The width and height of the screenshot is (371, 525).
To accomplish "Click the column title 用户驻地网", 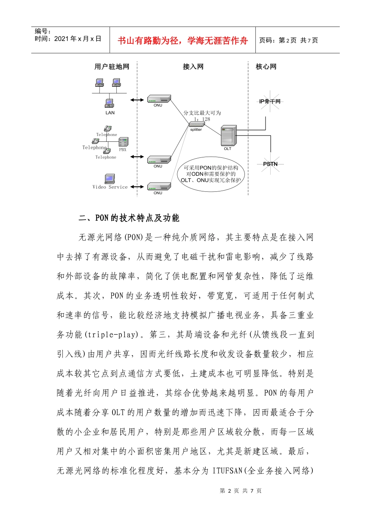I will coord(112,67).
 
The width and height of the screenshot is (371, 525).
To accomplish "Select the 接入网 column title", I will coord(193,67).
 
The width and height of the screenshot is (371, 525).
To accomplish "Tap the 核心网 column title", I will coord(266,67).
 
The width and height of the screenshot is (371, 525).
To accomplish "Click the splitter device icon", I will coord(196,124).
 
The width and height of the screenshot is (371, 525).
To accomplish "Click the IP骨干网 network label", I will coord(270,102).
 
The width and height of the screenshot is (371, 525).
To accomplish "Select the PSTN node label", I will coord(270,164).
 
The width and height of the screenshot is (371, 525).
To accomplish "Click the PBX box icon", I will coord(123,142).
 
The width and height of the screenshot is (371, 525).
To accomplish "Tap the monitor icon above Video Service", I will coord(110,179).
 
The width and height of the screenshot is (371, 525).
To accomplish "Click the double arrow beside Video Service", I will coord(137,187).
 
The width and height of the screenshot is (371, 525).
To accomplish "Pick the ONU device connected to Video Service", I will coord(159,186).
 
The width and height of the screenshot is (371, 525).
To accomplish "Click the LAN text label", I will coord(110,113).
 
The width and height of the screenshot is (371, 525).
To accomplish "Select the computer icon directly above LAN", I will coord(109,103).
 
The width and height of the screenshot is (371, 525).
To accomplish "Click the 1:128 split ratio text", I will coord(202,119).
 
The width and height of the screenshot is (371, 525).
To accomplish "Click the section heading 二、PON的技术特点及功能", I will coord(129,218).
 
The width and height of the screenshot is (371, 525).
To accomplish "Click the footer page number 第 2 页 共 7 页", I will coord(241,491).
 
